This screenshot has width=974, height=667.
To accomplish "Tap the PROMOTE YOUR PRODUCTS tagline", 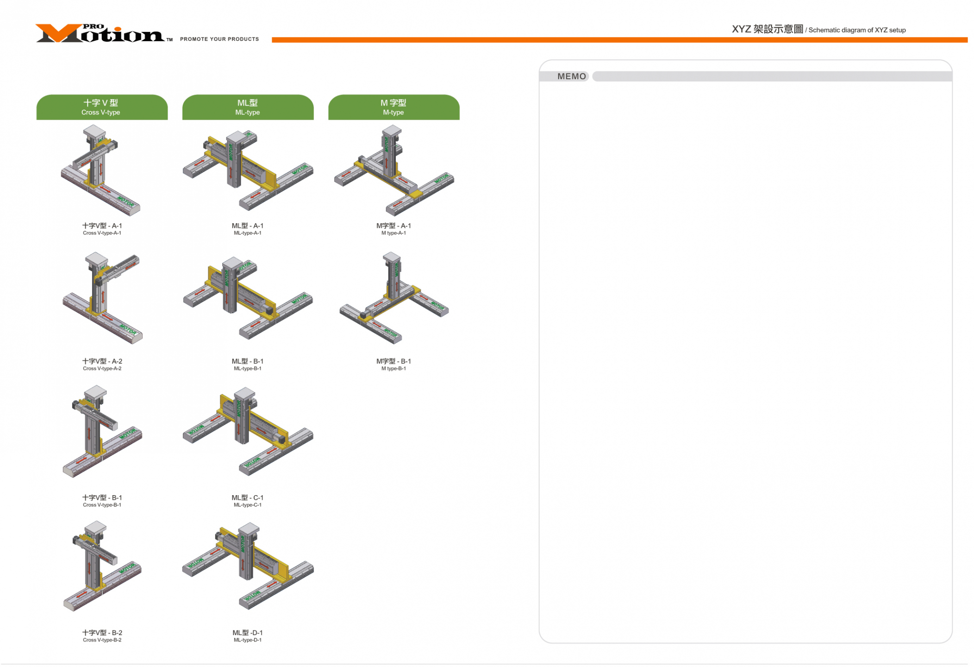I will click(219, 39).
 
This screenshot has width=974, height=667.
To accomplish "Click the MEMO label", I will click(571, 76).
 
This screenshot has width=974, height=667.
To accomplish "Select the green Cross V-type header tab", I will click(102, 107).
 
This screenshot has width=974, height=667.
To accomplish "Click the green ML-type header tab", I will click(248, 107).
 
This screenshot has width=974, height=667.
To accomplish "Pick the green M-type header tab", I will click(393, 107).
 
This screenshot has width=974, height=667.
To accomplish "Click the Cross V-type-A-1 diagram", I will click(101, 170).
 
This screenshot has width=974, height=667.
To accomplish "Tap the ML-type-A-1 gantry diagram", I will click(248, 170).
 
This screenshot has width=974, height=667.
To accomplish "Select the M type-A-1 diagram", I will click(393, 170).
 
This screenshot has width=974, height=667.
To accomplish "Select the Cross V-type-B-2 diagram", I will click(102, 566).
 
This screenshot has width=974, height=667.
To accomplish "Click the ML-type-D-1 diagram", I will click(248, 566).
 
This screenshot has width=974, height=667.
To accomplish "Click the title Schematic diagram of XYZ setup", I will click(818, 30).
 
